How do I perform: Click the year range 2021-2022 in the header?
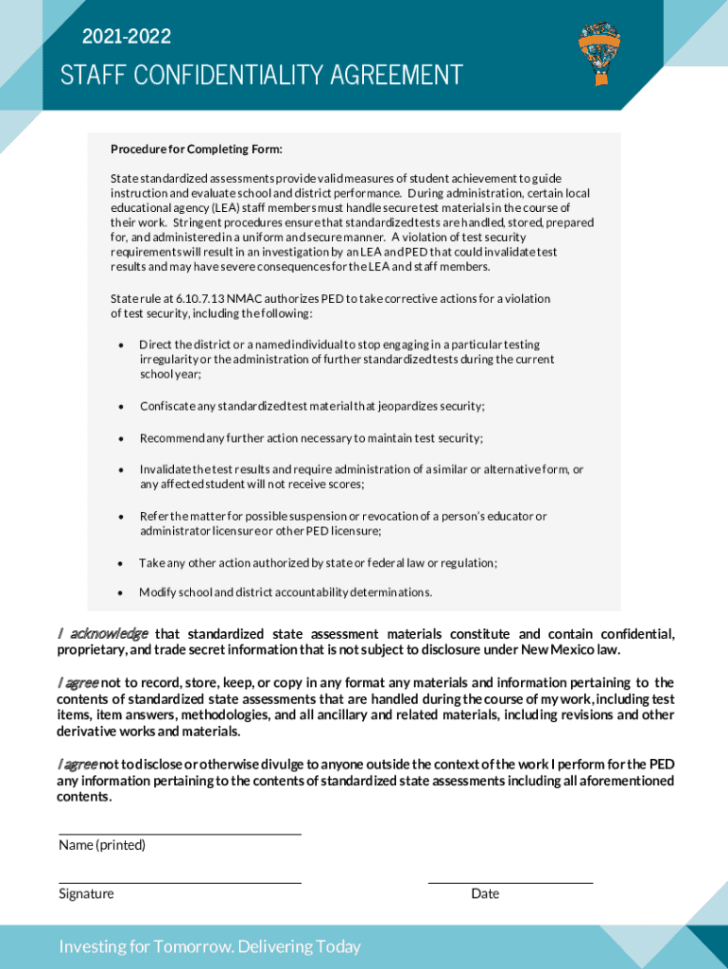pyautogui.click(x=127, y=37)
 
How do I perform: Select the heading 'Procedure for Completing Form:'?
pyautogui.click(x=197, y=150)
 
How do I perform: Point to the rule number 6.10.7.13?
pyautogui.click(x=199, y=299)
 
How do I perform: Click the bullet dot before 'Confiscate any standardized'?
pyautogui.click(x=121, y=407)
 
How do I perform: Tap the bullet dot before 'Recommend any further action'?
pyautogui.click(x=121, y=438)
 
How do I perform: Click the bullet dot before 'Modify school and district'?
pyautogui.click(x=121, y=592)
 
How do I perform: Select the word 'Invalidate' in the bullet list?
pyautogui.click(x=166, y=469)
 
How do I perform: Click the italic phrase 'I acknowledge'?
pyautogui.click(x=103, y=633)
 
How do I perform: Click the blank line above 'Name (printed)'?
pyautogui.click(x=180, y=834)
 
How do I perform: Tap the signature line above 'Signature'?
pyautogui.click(x=180, y=882)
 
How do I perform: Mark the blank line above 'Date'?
pyautogui.click(x=511, y=882)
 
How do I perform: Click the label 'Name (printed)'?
pyautogui.click(x=102, y=845)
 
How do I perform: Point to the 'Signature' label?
pyautogui.click(x=86, y=893)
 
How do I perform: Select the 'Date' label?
pyautogui.click(x=485, y=893)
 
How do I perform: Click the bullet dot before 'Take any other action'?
pyautogui.click(x=121, y=563)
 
